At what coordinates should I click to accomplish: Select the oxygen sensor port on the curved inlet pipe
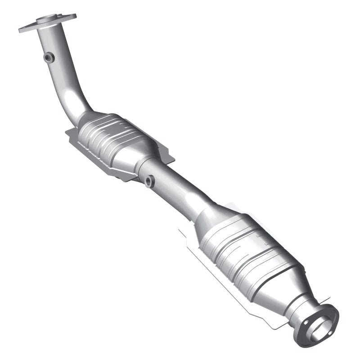[49, 57]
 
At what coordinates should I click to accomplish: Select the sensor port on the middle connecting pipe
[149, 181]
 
